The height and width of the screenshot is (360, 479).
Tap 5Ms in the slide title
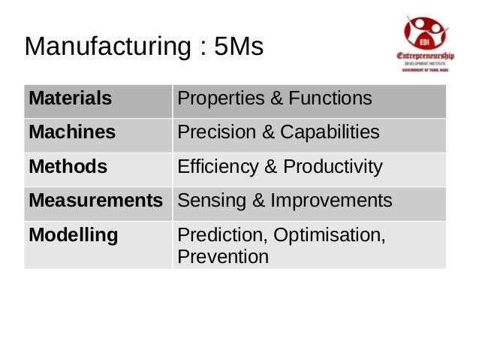(x=239, y=47)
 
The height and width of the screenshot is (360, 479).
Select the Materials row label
(x=70, y=98)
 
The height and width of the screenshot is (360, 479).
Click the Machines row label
(x=72, y=132)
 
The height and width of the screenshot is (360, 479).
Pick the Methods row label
(x=68, y=166)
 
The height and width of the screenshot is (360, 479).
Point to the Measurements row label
(x=95, y=201)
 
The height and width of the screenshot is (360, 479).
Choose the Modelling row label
(x=73, y=235)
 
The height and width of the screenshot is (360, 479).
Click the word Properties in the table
(x=213, y=98)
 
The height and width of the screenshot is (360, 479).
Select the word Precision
(x=209, y=132)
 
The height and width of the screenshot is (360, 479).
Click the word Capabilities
(x=330, y=132)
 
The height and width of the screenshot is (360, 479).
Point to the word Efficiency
(x=212, y=166)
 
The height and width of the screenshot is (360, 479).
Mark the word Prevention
(x=222, y=257)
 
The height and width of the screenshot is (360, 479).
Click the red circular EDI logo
(x=426, y=32)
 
